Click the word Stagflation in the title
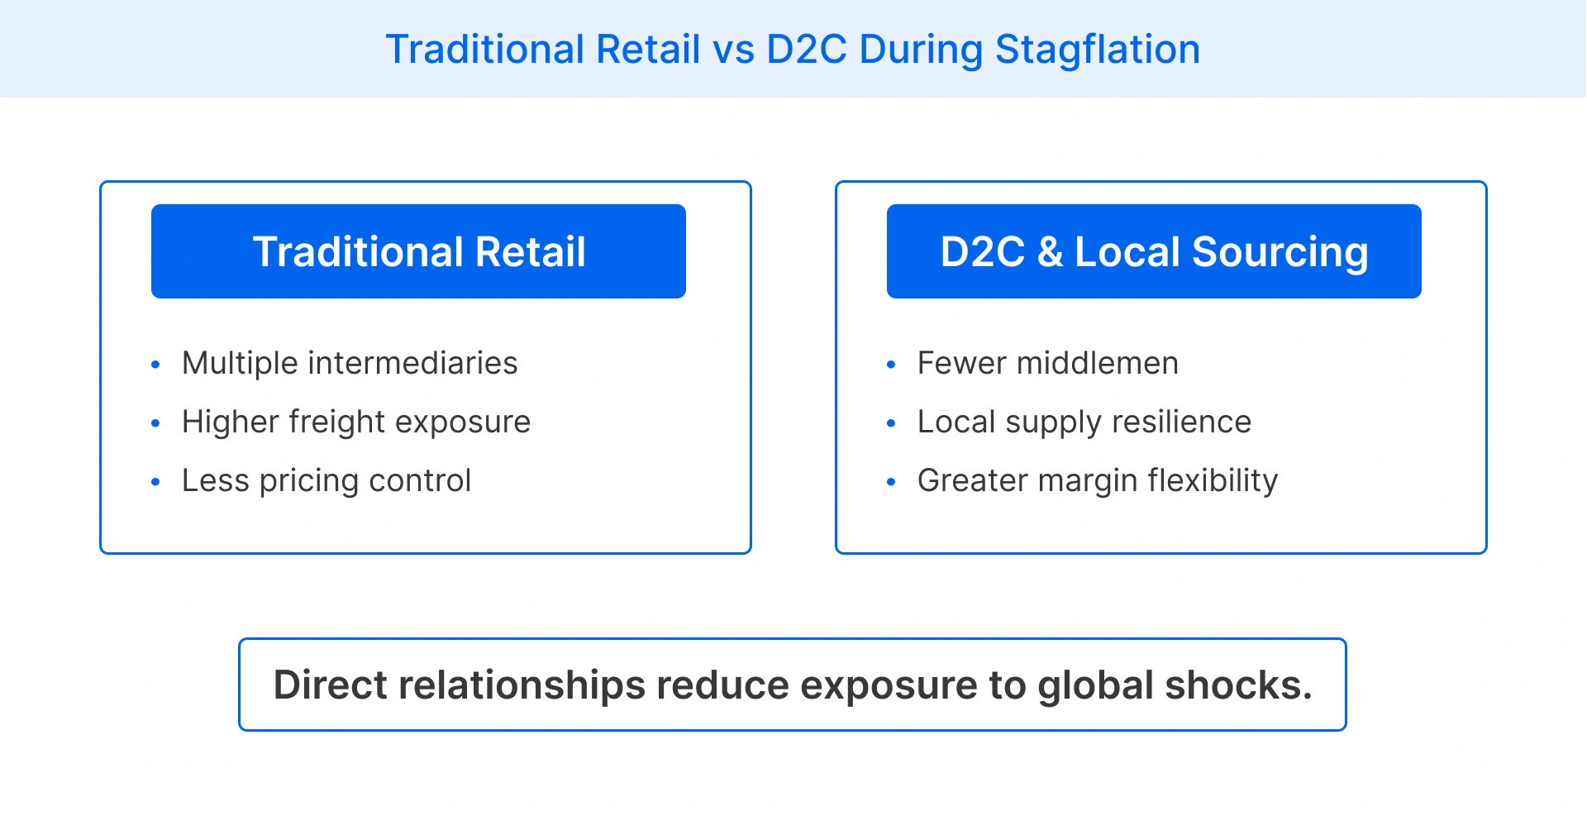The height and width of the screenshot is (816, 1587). pos(1097,50)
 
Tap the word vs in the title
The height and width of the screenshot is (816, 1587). pos(733,50)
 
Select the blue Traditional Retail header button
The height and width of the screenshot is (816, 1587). pos(418,251)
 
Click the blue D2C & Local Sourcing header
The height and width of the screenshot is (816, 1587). pos(1154,251)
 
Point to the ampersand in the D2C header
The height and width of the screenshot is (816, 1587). pos(1050,252)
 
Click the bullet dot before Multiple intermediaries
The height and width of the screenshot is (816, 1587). pos(155,365)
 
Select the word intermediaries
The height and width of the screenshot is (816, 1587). pos(412,363)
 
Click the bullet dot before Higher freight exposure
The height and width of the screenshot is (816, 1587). pos(155,423)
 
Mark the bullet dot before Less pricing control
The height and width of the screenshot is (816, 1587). pos(155,482)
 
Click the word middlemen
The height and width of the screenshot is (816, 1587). pos(1097,363)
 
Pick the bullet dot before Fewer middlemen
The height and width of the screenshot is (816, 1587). pos(891,365)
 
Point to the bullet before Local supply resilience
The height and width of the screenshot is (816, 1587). pos(891,423)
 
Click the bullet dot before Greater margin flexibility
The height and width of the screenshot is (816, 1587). pos(891,482)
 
